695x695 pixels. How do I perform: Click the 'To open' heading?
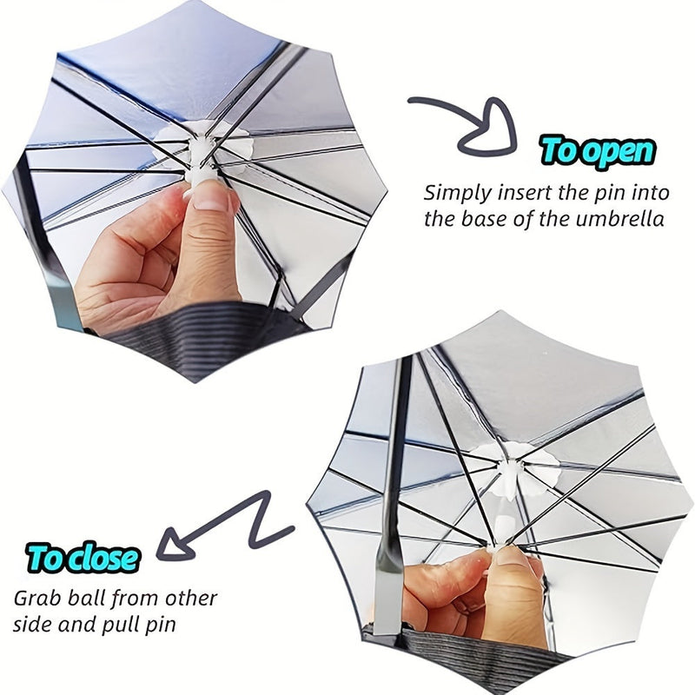[597, 151]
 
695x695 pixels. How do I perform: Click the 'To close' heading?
[83, 557]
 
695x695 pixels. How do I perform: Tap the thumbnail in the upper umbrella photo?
[209, 195]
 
